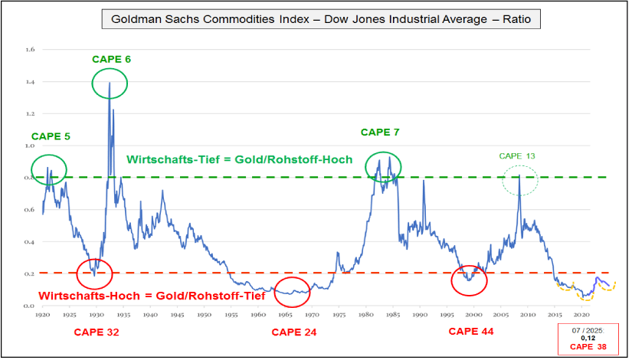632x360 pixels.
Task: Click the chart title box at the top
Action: click(x=320, y=19)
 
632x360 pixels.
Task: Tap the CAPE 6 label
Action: click(x=112, y=59)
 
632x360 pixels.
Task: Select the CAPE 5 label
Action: click(x=51, y=137)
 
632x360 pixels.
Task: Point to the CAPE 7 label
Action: click(x=380, y=133)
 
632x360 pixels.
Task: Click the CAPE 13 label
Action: click(x=517, y=156)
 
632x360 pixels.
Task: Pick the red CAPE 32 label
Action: click(x=97, y=332)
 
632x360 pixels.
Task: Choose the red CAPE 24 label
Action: click(x=293, y=332)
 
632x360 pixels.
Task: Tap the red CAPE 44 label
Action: click(x=471, y=332)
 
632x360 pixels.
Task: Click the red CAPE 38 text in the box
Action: click(x=588, y=346)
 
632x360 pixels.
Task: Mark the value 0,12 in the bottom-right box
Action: click(x=588, y=337)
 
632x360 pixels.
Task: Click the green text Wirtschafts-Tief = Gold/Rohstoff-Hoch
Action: click(x=239, y=160)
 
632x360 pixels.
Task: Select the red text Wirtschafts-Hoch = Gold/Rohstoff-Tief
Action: click(x=152, y=295)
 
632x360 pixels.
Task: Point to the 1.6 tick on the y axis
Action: click(x=31, y=50)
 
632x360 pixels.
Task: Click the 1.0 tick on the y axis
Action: click(x=31, y=146)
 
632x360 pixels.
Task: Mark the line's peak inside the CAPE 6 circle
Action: click(x=110, y=82)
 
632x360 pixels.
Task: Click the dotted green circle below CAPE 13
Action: click(x=520, y=182)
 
